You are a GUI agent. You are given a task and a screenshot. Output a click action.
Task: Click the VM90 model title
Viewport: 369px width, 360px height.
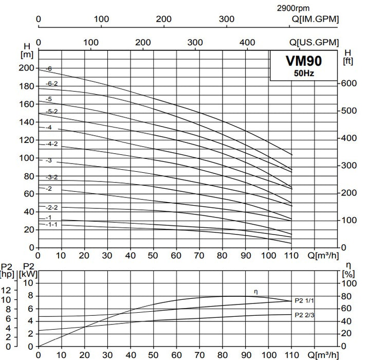point(303,61)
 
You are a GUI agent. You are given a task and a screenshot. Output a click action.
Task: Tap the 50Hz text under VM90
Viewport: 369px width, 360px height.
point(303,74)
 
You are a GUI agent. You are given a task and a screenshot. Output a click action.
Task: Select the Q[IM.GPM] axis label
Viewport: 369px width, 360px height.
point(315,20)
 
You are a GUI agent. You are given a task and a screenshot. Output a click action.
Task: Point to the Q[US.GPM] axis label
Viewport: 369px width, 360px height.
point(315,42)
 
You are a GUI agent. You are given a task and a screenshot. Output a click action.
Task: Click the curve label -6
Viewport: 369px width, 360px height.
point(49,68)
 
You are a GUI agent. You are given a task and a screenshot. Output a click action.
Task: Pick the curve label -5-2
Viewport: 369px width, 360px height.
point(52,111)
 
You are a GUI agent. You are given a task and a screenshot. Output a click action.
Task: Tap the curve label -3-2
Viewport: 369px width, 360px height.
point(52,177)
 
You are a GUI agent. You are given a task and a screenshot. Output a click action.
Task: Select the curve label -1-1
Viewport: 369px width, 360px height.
point(52,224)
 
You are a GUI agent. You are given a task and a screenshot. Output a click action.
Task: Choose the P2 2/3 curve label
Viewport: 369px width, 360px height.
point(304,315)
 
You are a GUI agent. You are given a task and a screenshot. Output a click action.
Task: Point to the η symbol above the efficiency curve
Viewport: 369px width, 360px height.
point(255,292)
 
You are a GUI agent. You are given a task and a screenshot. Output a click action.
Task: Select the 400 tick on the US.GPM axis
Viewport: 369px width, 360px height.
point(248,42)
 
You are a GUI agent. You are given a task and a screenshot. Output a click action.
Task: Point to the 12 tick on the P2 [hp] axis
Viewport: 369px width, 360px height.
point(7,290)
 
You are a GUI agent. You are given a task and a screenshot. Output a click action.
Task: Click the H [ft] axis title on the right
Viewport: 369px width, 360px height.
point(348,56)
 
